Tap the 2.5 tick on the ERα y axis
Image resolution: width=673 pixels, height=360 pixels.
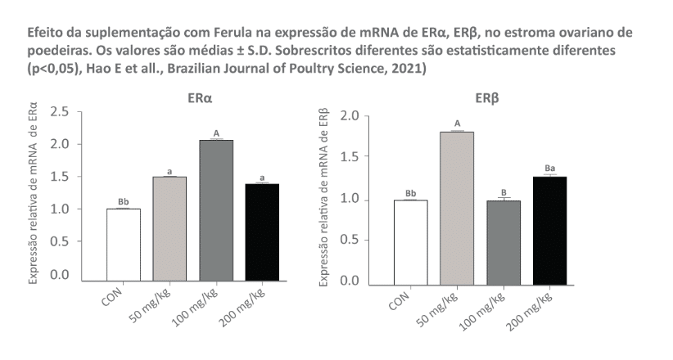coord(60,110)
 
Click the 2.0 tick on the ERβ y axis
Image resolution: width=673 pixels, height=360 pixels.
coord(350,115)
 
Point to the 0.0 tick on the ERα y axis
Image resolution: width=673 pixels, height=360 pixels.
coord(60,274)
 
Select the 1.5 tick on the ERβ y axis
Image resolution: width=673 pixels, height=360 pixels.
coord(350,156)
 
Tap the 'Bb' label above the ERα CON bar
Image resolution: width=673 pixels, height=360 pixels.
coord(123,200)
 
